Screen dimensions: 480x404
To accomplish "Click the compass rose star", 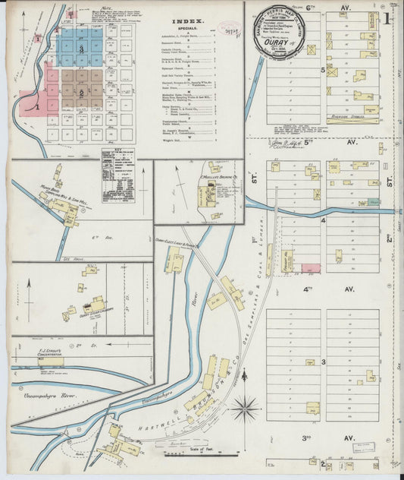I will [245, 409].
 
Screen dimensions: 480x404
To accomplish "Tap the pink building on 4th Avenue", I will [311, 268].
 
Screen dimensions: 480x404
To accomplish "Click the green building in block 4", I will [373, 203].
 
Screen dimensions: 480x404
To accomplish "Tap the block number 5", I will [322, 70].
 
